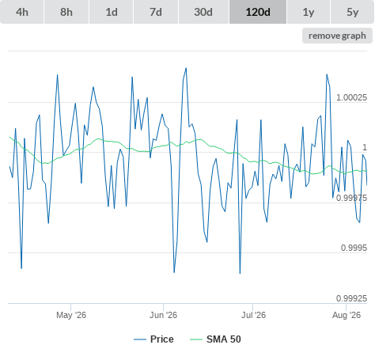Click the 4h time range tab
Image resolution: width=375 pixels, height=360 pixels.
pyautogui.click(x=22, y=12)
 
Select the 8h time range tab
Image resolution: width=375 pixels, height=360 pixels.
pyautogui.click(x=66, y=12)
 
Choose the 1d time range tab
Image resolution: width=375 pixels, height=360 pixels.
pyautogui.click(x=112, y=12)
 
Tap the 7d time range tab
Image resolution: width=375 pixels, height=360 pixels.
pyautogui.click(x=156, y=12)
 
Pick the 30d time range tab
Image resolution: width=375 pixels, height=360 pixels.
pyautogui.click(x=203, y=12)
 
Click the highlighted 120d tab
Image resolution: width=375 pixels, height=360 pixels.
pyautogui.click(x=258, y=12)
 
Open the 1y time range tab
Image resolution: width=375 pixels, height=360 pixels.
pyautogui.click(x=309, y=12)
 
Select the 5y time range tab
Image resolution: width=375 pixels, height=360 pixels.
pyautogui.click(x=353, y=12)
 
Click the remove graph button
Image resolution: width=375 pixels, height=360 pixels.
pyautogui.click(x=337, y=36)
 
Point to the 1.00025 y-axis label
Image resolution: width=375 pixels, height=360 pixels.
pyautogui.click(x=351, y=97)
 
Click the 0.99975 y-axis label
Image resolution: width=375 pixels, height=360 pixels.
pyautogui.click(x=351, y=198)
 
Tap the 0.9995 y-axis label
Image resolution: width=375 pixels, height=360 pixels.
pyautogui.click(x=354, y=248)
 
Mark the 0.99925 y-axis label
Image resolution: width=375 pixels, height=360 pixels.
pyautogui.click(x=351, y=298)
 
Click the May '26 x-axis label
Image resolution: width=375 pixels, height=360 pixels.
pyautogui.click(x=71, y=315)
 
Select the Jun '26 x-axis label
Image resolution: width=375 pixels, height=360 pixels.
pyautogui.click(x=163, y=315)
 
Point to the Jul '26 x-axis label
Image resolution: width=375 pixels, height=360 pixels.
pyautogui.click(x=253, y=315)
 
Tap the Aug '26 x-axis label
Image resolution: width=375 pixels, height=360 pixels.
pyautogui.click(x=347, y=315)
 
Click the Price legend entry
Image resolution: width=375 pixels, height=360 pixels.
pyautogui.click(x=153, y=339)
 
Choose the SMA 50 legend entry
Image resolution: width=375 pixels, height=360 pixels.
pyautogui.click(x=215, y=339)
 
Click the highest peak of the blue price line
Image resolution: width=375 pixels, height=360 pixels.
pyautogui.click(x=186, y=68)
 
